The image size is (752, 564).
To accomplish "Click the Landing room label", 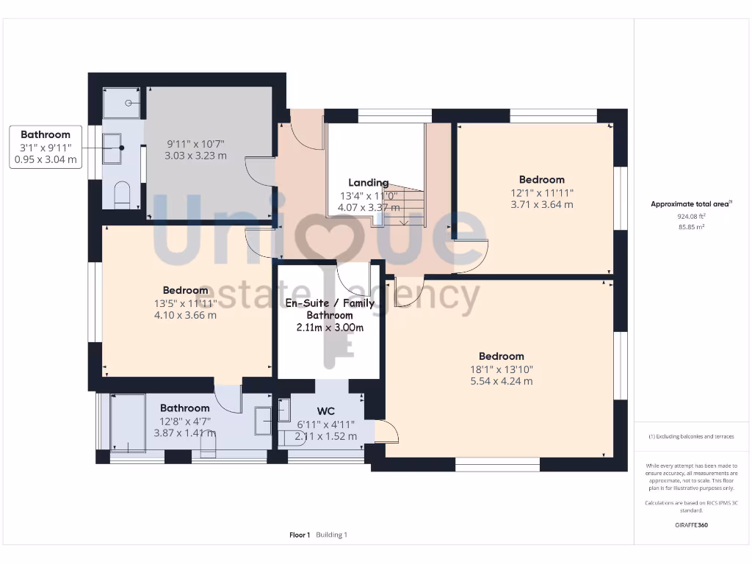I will (369, 183).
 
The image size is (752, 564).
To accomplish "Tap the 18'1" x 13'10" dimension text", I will (502, 369).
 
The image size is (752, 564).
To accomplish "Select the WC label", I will (326, 411).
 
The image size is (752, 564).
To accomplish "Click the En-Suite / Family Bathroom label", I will (330, 308).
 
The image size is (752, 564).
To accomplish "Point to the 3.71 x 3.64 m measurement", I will (541, 204).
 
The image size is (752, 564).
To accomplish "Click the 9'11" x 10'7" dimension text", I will (195, 144).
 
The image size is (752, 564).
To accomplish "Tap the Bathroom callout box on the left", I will (46, 147).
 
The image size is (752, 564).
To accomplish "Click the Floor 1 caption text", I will (300, 535).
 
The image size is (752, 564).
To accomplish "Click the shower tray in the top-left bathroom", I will (123, 103).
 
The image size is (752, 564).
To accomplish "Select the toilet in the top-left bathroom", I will (122, 194).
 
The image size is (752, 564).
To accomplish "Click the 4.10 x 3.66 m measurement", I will (185, 315).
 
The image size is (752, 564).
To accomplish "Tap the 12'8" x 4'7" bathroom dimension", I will (185, 421).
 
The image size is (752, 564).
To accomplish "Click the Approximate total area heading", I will (690, 204).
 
